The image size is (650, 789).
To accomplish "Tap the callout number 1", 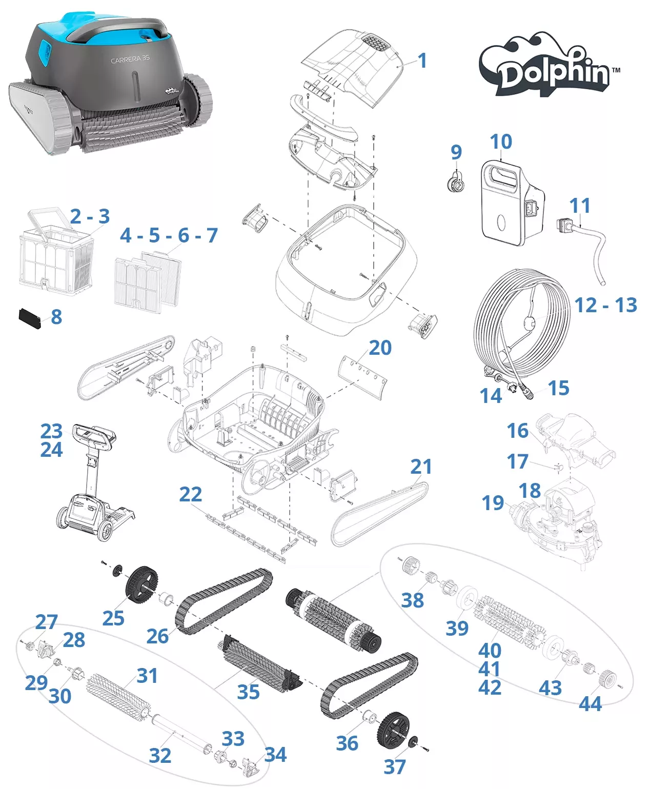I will click(422, 61).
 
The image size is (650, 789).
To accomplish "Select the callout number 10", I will click(500, 142).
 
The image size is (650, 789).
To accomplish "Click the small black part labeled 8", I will click(30, 318).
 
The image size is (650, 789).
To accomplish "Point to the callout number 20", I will click(380, 348).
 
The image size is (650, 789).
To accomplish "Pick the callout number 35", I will click(248, 692).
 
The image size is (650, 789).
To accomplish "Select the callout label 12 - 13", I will click(605, 306).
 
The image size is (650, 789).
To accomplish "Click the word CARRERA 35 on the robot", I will click(130, 59).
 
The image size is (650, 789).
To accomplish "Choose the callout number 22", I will click(190, 495).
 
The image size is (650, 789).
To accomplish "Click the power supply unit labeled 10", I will click(510, 203).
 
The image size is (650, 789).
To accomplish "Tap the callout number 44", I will click(590, 704).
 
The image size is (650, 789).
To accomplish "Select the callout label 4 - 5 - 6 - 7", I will click(169, 236).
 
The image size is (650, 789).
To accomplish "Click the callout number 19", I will click(493, 503).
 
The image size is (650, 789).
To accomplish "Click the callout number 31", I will click(147, 676).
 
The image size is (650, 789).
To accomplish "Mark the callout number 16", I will click(517, 431).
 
